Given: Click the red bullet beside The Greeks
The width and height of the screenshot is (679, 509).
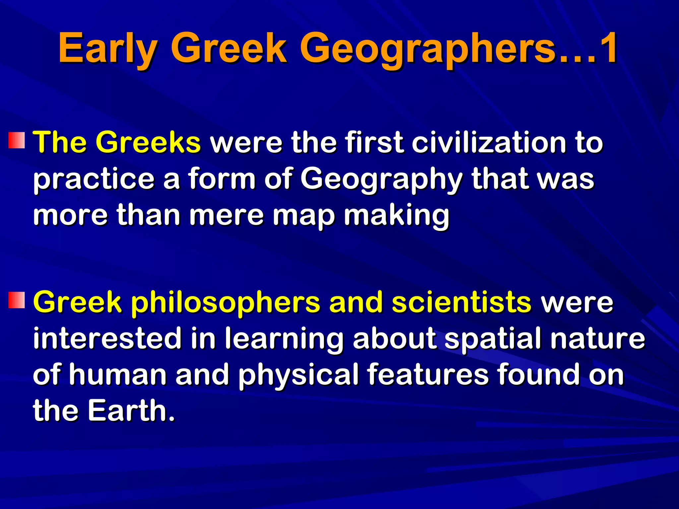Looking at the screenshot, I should tap(17, 140).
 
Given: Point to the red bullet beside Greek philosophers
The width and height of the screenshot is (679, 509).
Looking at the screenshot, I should tap(17, 300).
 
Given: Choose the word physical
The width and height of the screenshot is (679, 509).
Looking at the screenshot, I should tap(298, 375).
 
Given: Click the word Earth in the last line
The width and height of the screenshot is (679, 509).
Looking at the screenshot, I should tap(131, 411).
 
